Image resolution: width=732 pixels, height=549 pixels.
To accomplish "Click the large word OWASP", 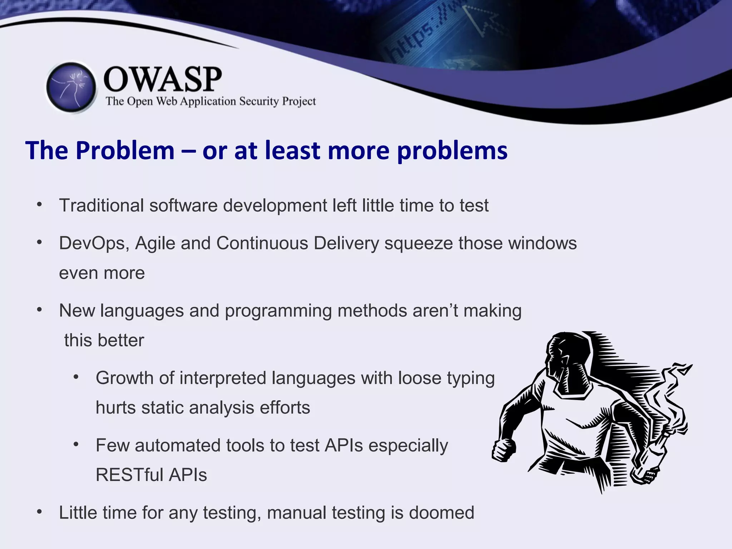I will (x=163, y=79).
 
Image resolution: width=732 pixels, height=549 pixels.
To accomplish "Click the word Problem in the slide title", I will (x=125, y=150).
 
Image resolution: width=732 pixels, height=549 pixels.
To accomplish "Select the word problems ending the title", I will (x=452, y=150).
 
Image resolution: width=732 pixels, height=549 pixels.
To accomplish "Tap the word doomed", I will (x=441, y=513).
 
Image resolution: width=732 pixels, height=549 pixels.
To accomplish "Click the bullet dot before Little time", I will (x=40, y=512).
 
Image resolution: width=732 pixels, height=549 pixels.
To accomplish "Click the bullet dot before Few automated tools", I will (x=76, y=444).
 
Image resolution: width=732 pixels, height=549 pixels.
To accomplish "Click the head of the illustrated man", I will (x=568, y=361).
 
